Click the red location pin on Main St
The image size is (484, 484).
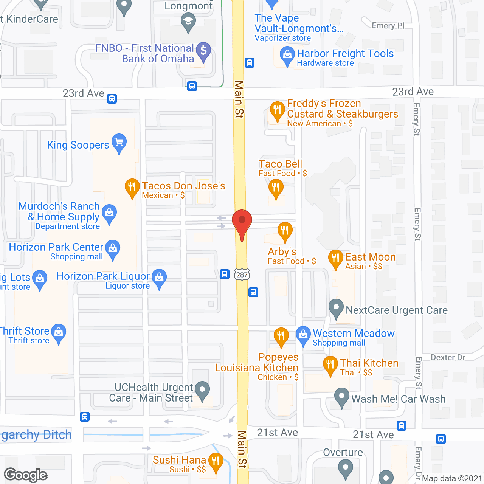(x=242, y=222)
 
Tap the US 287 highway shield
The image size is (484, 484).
(x=242, y=275)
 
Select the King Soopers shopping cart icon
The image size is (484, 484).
(x=119, y=143)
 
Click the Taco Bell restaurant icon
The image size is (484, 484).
(x=276, y=188)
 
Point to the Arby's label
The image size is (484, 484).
(x=282, y=252)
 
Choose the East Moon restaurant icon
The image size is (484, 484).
(x=335, y=259)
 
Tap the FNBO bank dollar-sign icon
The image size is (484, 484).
(x=203, y=51)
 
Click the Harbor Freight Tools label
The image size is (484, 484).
(x=345, y=54)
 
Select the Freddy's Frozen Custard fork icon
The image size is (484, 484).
(x=277, y=110)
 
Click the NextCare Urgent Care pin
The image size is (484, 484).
(x=336, y=308)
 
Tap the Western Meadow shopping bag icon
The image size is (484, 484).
(x=303, y=335)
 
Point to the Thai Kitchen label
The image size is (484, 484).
(x=369, y=363)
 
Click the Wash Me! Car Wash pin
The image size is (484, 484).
(x=342, y=397)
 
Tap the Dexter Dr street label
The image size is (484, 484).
(x=448, y=357)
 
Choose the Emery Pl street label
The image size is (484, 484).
(x=388, y=26)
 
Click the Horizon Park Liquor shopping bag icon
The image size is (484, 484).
(x=159, y=278)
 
